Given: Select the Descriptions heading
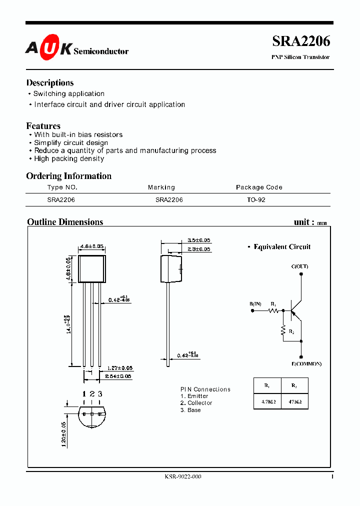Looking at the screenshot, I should (x=49, y=83).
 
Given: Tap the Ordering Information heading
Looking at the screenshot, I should (x=68, y=176).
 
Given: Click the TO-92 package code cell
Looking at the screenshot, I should (x=256, y=199).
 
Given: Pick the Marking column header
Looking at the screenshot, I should (x=161, y=187).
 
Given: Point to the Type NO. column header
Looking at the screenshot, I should (x=62, y=187).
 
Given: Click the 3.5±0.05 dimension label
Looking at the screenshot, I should (x=198, y=240).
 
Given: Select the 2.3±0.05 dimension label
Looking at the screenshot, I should (x=198, y=249).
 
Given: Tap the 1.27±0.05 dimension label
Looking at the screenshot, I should (x=119, y=368).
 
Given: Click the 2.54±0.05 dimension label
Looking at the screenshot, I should (x=119, y=376).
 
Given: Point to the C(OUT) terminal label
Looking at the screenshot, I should (x=299, y=266).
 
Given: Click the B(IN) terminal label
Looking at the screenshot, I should (x=255, y=304).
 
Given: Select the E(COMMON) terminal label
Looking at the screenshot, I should (x=306, y=363).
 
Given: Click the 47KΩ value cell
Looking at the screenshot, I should (x=294, y=401).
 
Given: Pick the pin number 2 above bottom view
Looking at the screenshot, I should (x=92, y=394).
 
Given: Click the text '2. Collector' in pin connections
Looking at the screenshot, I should (x=196, y=403).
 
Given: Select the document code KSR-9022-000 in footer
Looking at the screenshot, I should (x=182, y=477).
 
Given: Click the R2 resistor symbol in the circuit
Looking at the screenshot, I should (x=283, y=330).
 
